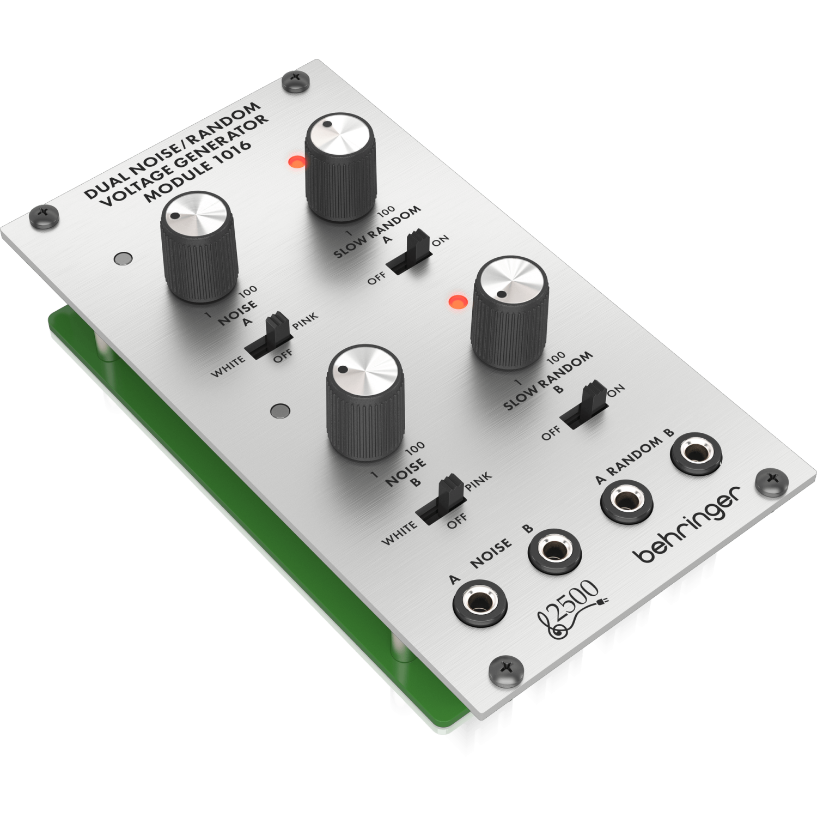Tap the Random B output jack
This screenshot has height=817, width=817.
(696, 453)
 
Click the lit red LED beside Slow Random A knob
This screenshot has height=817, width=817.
(297, 161)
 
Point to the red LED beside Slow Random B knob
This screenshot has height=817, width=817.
(457, 301)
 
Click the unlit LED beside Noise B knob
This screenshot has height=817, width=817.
(281, 410)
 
